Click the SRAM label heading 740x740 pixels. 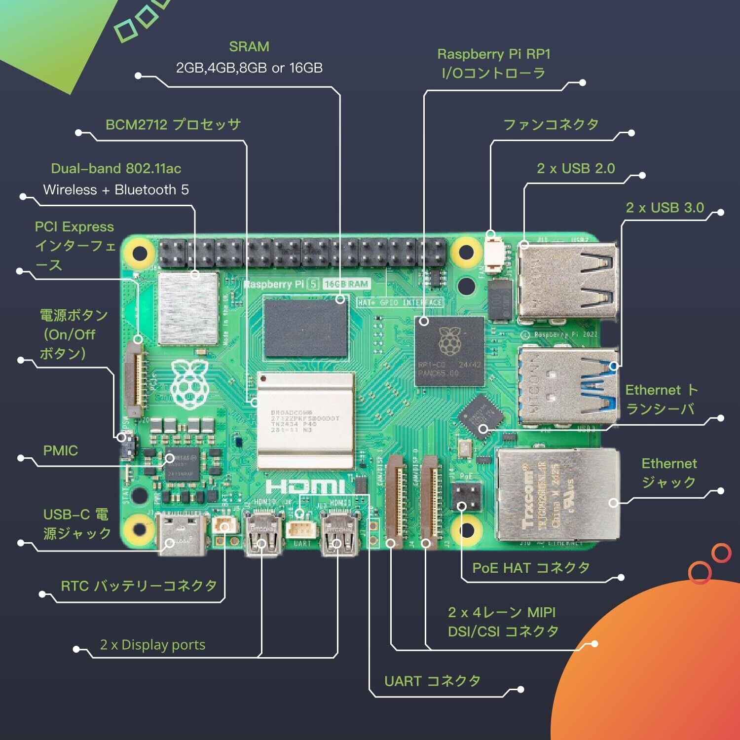(249, 47)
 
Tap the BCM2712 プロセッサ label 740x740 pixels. (173, 124)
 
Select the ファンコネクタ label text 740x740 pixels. (551, 124)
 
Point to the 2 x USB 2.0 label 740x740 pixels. (576, 168)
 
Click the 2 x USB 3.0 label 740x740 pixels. (665, 208)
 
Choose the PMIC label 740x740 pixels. (61, 450)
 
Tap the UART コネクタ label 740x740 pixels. (432, 681)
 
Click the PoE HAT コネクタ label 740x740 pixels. (531, 568)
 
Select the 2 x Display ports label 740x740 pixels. (152, 645)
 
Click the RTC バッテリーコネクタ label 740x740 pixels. (139, 586)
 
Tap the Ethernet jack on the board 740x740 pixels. (557, 493)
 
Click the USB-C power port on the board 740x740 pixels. (181, 534)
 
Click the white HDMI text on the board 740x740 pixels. (305, 487)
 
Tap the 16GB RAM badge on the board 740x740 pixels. (346, 284)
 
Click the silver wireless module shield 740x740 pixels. (188, 308)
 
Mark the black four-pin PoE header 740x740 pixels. (466, 497)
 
